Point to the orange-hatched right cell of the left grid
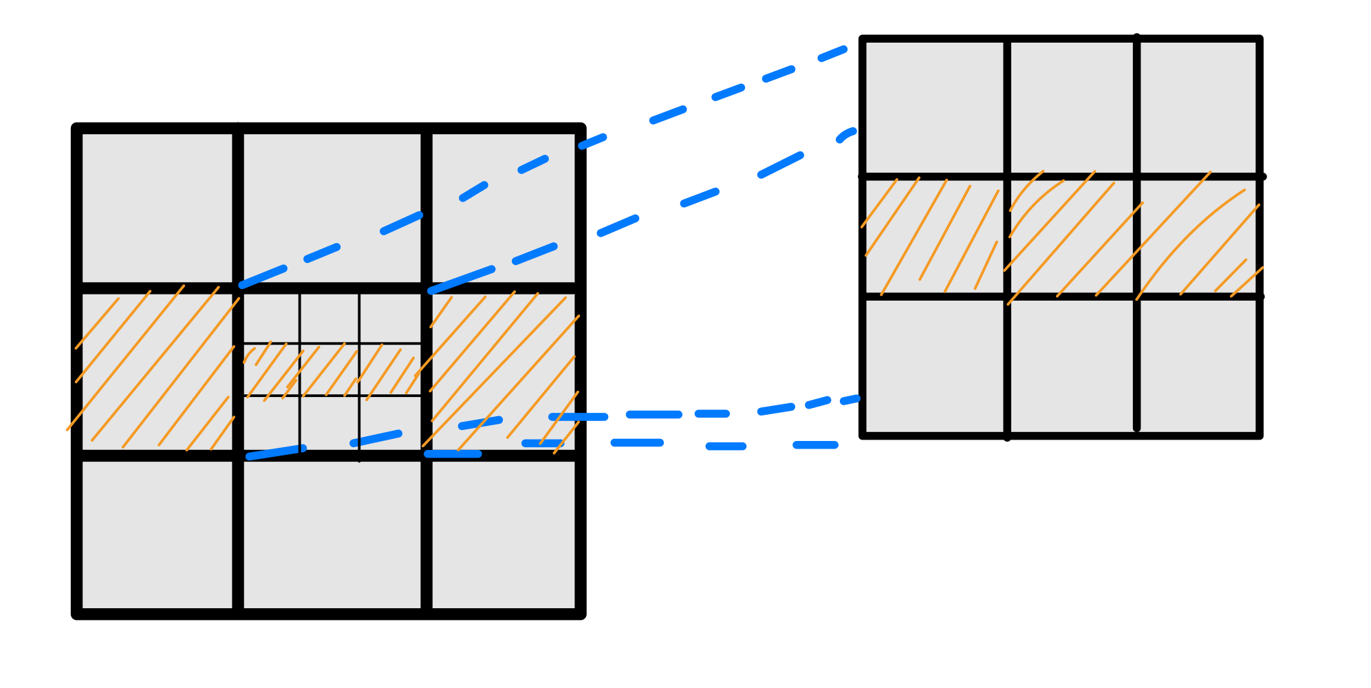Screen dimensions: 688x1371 coord(504,372)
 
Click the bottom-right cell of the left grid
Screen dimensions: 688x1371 coord(504,535)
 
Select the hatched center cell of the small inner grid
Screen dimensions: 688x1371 coord(330,369)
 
